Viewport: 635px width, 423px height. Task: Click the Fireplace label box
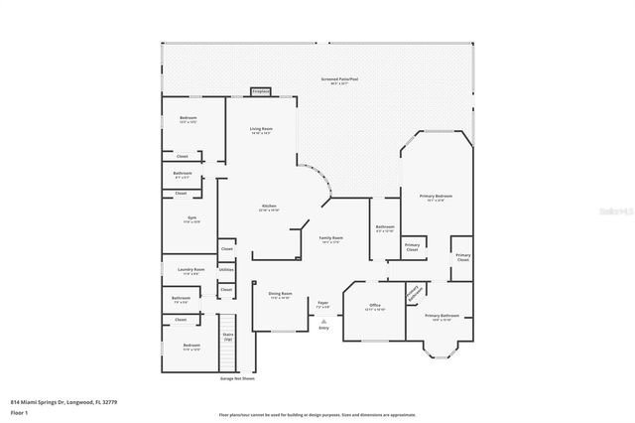tap(261, 91)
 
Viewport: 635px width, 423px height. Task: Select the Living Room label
tap(261, 131)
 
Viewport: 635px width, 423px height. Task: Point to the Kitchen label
tap(268, 208)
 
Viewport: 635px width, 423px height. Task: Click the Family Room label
tap(330, 240)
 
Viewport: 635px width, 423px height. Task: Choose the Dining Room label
tap(280, 295)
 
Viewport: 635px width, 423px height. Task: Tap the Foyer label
tap(322, 305)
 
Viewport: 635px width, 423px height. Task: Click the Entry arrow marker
tap(323, 323)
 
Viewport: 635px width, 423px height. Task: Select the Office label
tap(375, 307)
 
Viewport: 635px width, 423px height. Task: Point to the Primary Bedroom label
tap(437, 198)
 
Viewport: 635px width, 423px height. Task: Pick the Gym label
tap(191, 219)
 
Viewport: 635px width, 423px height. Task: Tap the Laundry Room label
tap(192, 271)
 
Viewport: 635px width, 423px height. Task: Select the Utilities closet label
tap(226, 269)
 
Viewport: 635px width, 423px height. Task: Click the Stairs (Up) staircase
tap(227, 337)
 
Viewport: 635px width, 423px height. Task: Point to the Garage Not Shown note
tap(236, 378)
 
